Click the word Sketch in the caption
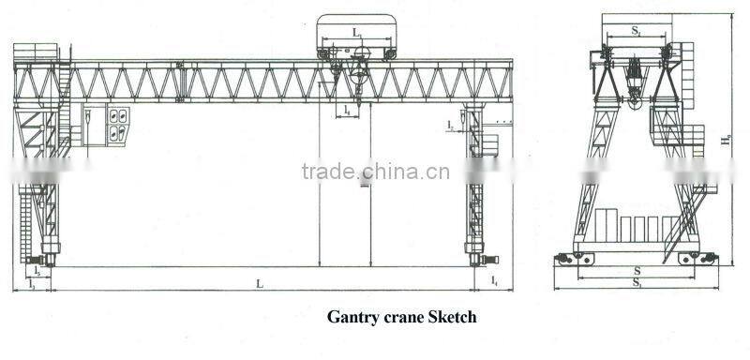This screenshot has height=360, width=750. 453,318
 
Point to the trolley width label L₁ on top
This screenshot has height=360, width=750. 357,34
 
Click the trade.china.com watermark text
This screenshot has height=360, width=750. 375,172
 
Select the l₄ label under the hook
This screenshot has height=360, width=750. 347,111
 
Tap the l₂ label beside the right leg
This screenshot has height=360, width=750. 451,123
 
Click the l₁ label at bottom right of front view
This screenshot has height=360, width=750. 495,280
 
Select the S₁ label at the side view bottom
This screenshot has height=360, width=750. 637,282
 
